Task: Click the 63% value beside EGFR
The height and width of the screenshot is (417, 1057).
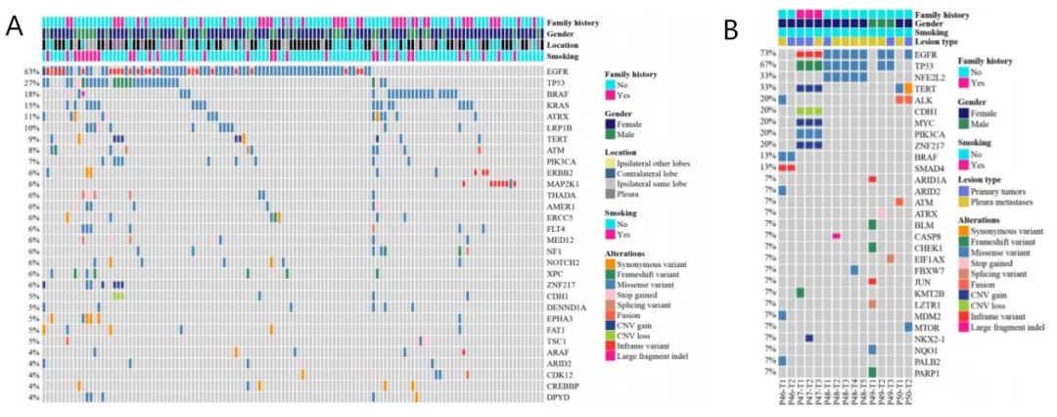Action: tap(32, 71)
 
